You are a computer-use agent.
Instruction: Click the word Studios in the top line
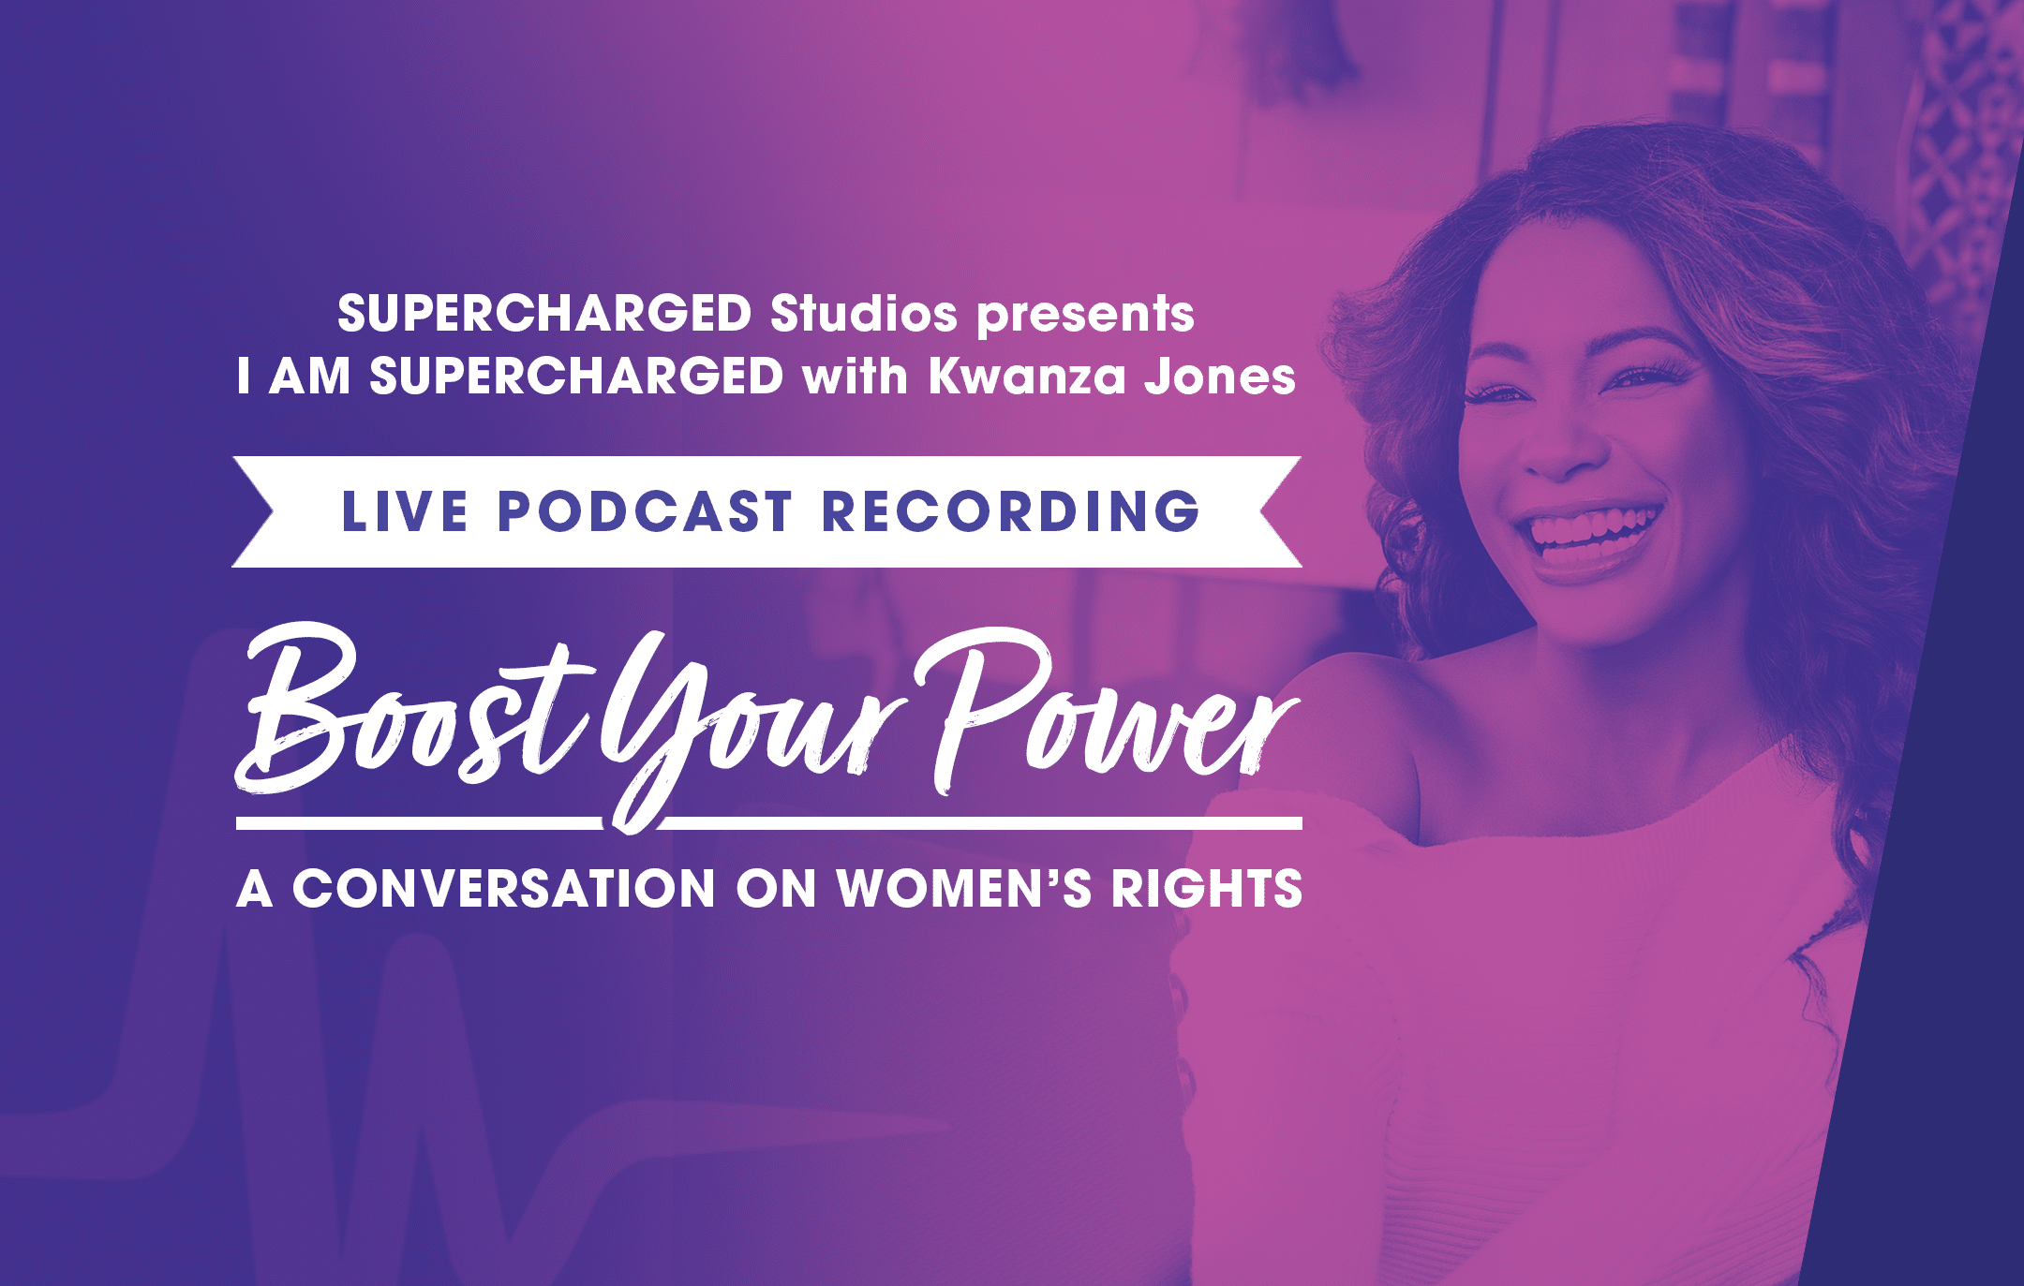863,314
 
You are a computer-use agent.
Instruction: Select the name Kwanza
1027,377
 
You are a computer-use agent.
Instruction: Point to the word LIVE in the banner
404,511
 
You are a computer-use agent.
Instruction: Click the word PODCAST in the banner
645,511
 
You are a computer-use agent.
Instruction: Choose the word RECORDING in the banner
1010,511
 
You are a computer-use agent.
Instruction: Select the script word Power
1106,712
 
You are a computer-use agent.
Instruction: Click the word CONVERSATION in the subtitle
504,889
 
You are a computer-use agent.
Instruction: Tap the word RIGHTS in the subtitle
1207,889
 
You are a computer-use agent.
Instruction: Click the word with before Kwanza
855,377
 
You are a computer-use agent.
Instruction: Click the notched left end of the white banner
253,511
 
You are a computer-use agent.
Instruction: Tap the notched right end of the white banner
1280,511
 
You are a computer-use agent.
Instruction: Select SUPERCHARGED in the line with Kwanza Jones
576,377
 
